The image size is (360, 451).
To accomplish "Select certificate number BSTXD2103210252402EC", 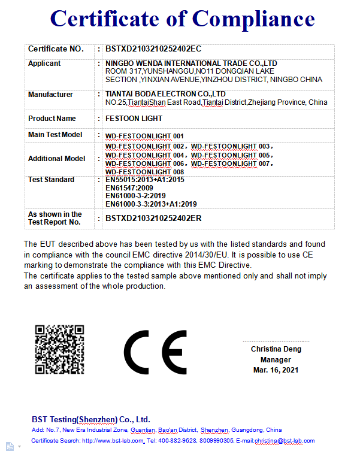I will point(153,49).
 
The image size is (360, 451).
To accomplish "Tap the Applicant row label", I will point(44,63).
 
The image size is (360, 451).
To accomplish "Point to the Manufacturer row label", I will point(50,95).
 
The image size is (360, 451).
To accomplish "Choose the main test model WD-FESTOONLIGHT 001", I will point(144,136).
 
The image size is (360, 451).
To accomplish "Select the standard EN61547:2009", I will point(129,188).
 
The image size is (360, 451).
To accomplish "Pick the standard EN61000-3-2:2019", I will point(135,196).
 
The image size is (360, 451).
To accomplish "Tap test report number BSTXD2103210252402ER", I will point(153,219).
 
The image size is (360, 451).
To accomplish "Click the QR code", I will point(59,349).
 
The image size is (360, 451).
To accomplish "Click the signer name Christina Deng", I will point(276,349).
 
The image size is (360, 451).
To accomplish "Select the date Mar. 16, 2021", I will point(276,370).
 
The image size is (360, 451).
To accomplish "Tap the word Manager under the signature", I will point(276,360).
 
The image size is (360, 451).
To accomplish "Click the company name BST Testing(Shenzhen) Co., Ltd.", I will point(90,419).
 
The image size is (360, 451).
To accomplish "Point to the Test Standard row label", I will point(52,180).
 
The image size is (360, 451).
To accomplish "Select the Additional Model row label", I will point(57,159).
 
